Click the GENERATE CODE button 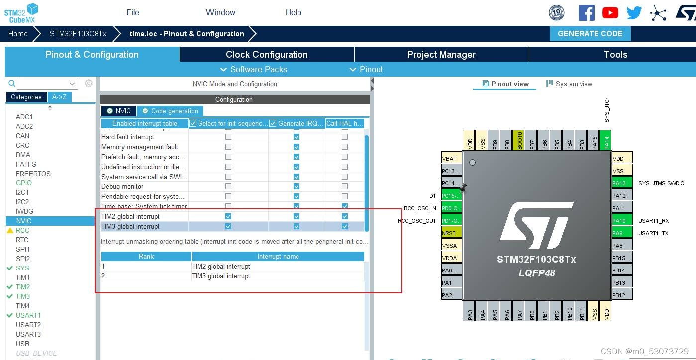[x=590, y=34]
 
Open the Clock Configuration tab [x=267, y=54]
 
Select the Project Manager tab [x=441, y=54]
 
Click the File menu [x=133, y=12]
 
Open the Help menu [x=293, y=12]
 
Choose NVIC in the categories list [x=23, y=221]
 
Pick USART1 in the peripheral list [x=28, y=315]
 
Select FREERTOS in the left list [x=33, y=174]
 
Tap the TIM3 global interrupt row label [x=131, y=226]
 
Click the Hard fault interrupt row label [x=128, y=137]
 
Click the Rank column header [x=146, y=256]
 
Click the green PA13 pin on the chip [x=622, y=183]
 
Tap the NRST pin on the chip [x=451, y=233]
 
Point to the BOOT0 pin [x=518, y=140]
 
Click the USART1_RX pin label [x=653, y=221]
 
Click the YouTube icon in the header [x=610, y=13]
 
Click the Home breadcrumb [x=18, y=34]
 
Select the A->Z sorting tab [x=59, y=97]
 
